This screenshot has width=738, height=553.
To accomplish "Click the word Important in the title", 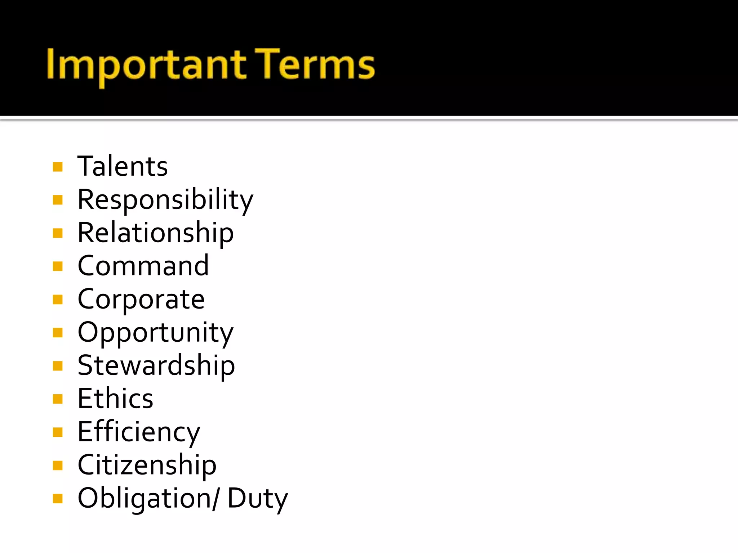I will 146,65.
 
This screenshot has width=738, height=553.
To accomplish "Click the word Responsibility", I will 165,199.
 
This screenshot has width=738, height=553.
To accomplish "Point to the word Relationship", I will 156,233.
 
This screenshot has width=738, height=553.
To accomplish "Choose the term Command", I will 143,266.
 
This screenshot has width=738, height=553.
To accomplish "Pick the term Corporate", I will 141,299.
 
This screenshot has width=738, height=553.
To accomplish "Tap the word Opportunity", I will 156,332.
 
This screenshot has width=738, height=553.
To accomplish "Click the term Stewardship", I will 156,365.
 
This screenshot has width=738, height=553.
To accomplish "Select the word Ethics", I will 115,399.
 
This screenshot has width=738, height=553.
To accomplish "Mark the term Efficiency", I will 139,432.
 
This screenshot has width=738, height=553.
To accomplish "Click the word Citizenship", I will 147,465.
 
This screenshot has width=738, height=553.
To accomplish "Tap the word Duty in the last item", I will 257,498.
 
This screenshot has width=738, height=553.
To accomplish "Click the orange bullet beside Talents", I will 58,167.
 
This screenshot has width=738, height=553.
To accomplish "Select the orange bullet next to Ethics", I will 58,399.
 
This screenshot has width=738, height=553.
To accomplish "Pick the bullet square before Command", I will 58,266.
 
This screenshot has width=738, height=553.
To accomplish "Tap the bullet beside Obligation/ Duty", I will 58,499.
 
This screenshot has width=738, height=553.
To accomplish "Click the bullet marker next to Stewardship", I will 58,366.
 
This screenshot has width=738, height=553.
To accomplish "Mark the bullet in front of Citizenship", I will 58,466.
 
